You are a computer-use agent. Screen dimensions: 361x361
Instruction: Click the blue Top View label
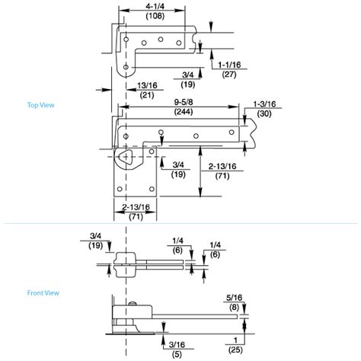[40, 105]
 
